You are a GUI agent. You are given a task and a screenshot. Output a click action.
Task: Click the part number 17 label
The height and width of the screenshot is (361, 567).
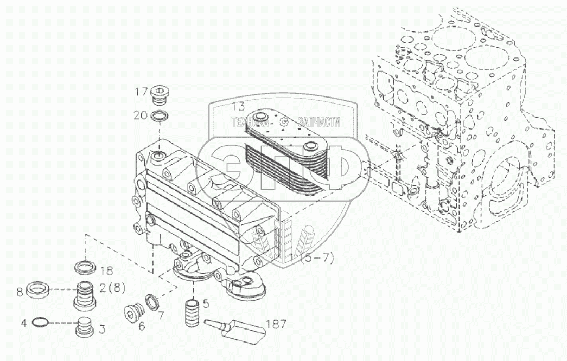coord(141,92)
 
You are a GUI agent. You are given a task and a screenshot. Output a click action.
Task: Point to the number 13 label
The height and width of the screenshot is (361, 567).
coord(239,106)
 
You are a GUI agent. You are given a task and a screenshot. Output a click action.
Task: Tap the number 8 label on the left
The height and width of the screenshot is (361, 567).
coord(20,292)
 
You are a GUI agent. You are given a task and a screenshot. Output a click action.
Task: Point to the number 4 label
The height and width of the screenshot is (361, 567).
coord(23,324)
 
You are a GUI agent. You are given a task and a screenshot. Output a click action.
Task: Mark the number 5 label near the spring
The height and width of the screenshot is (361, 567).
coord(205,304)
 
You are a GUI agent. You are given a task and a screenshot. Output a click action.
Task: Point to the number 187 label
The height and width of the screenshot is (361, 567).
coord(275,325)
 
